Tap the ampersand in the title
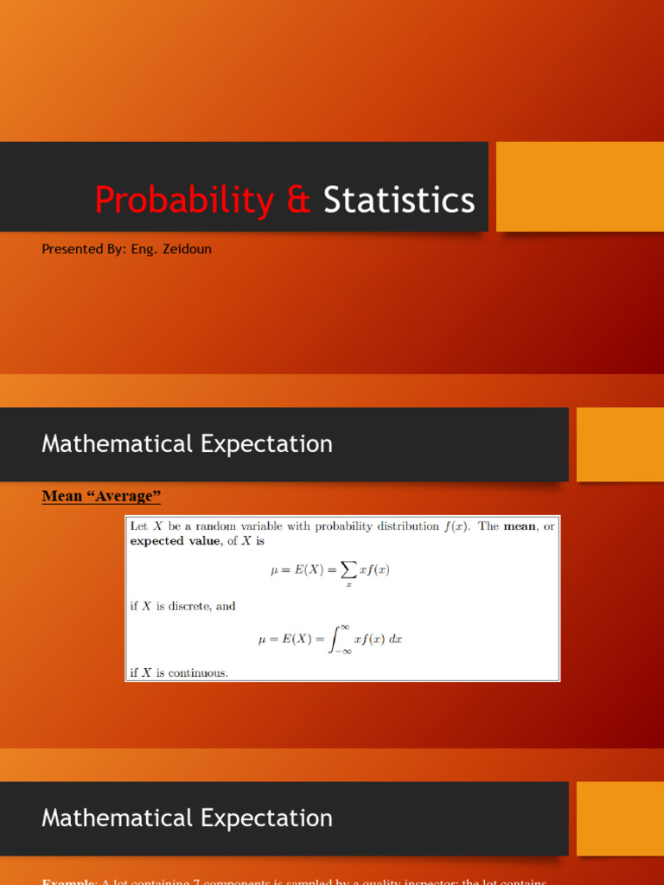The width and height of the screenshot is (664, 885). [298, 201]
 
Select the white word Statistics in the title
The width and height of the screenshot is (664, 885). [399, 201]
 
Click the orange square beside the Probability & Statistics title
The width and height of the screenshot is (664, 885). [579, 187]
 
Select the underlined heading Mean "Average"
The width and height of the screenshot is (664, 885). [101, 496]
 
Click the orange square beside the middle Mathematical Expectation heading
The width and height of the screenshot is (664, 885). [620, 444]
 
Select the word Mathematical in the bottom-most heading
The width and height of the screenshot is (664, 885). [118, 818]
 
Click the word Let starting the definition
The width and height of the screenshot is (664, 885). [138, 526]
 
